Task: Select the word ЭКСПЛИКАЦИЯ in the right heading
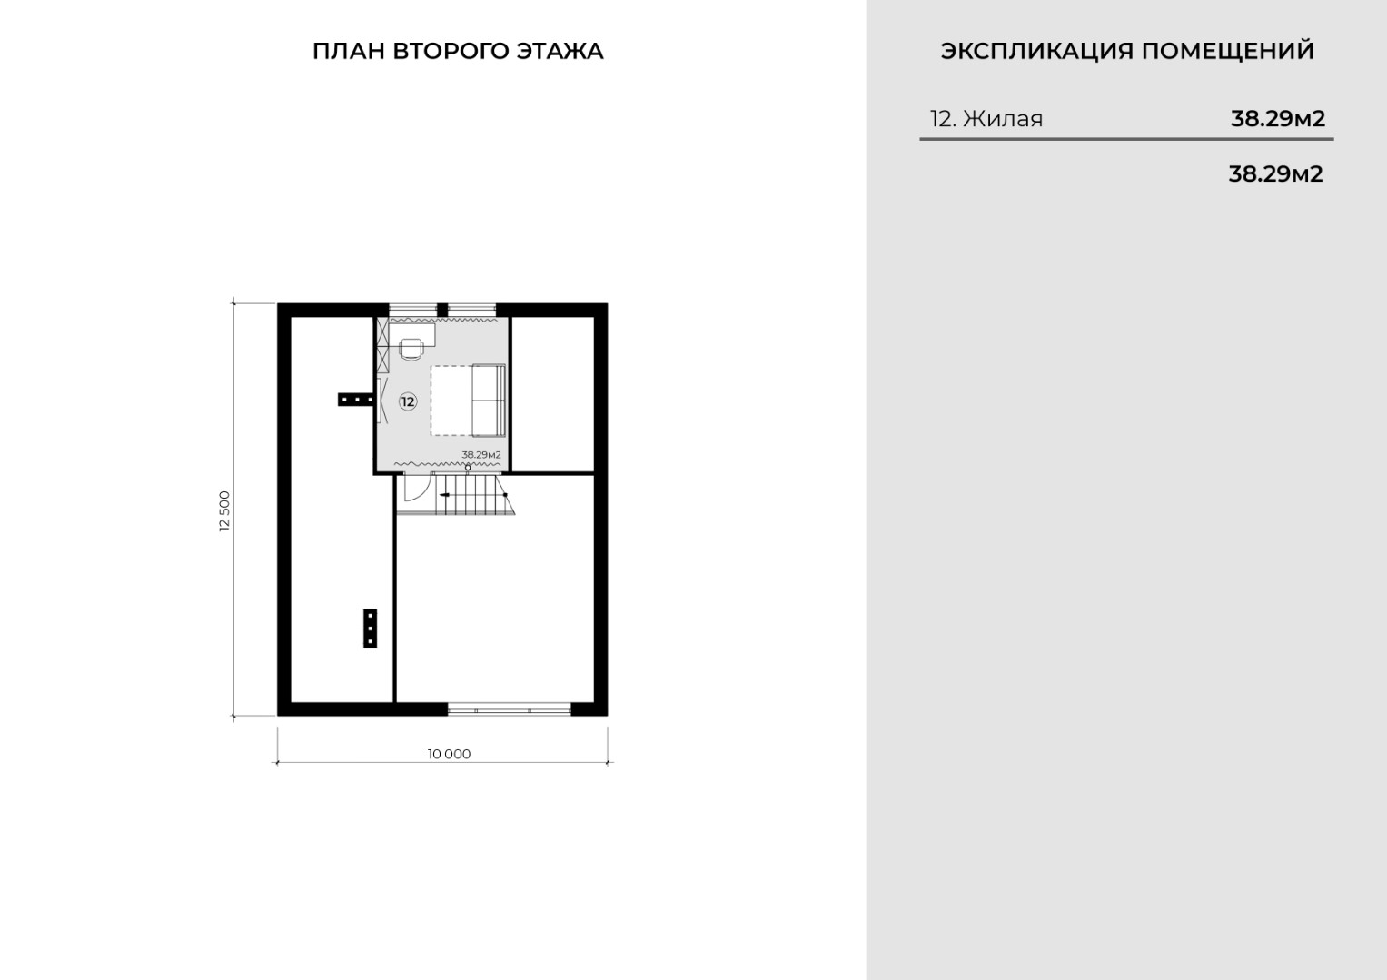click(x=1036, y=51)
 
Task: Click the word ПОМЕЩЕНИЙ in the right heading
click(x=1228, y=51)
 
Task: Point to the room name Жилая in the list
click(x=1003, y=118)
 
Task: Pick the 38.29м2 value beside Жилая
click(x=1278, y=118)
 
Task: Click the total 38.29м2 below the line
click(x=1276, y=174)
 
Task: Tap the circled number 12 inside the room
click(x=408, y=401)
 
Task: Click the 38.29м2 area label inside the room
click(x=481, y=454)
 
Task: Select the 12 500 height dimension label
click(x=224, y=510)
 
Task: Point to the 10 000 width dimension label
click(x=449, y=754)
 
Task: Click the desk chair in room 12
click(x=411, y=349)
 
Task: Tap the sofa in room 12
click(x=489, y=401)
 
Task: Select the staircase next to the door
click(x=473, y=494)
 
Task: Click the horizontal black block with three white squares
click(x=356, y=400)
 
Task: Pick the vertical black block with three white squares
click(x=371, y=629)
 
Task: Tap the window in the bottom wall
click(x=509, y=709)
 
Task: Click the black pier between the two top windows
click(x=442, y=310)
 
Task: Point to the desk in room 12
click(x=412, y=335)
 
